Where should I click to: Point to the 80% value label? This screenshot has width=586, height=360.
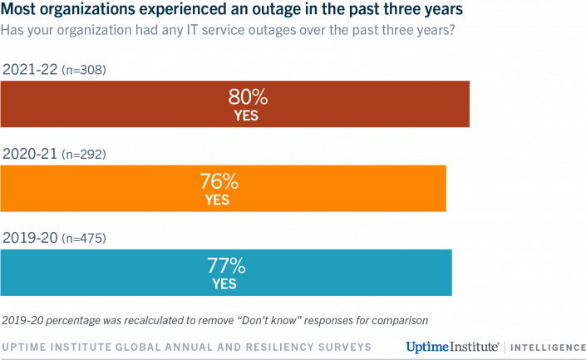click(x=247, y=97)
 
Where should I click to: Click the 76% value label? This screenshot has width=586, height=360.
click(x=218, y=181)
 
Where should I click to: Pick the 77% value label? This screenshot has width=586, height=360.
click(x=224, y=266)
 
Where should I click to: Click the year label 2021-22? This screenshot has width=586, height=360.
click(x=30, y=70)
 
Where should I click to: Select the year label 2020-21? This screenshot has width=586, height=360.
click(x=30, y=154)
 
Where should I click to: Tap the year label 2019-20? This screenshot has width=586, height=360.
click(x=30, y=239)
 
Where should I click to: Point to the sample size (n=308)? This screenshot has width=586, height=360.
click(x=84, y=71)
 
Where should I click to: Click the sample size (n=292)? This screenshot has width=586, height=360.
click(x=83, y=155)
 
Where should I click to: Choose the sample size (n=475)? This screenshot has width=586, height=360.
click(x=83, y=239)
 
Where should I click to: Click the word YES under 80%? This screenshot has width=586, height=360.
click(x=247, y=116)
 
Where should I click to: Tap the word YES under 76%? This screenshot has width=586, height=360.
click(x=218, y=200)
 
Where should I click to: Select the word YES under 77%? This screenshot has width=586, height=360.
click(x=224, y=284)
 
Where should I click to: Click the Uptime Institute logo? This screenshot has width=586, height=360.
click(x=452, y=345)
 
